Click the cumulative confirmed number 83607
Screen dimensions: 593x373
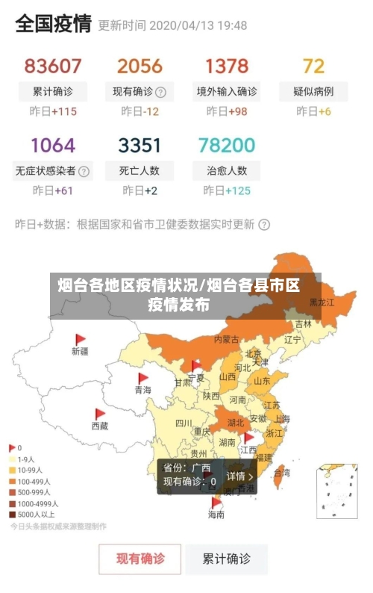coord(52,66)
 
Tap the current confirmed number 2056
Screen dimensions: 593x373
coord(140,66)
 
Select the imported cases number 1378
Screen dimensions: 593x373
coord(227,66)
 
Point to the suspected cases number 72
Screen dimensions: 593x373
coord(313,66)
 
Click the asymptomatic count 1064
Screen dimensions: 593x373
coord(52,144)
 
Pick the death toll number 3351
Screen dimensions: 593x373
coord(140,144)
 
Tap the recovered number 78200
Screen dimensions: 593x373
coord(227,144)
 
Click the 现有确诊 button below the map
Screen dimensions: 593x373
coord(140,558)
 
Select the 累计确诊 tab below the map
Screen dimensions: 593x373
coord(227,558)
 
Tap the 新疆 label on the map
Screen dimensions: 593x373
coord(80,350)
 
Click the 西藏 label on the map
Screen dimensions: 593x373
coord(99,426)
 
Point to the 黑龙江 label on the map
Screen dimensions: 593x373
coord(322,302)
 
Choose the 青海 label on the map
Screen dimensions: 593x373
coord(142,390)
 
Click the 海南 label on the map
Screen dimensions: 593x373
coord(216,514)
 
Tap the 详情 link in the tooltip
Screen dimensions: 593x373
coord(240,476)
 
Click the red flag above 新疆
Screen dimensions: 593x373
coord(80,339)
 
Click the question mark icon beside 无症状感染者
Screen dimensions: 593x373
coord(84,171)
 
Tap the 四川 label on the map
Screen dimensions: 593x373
coord(183,423)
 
